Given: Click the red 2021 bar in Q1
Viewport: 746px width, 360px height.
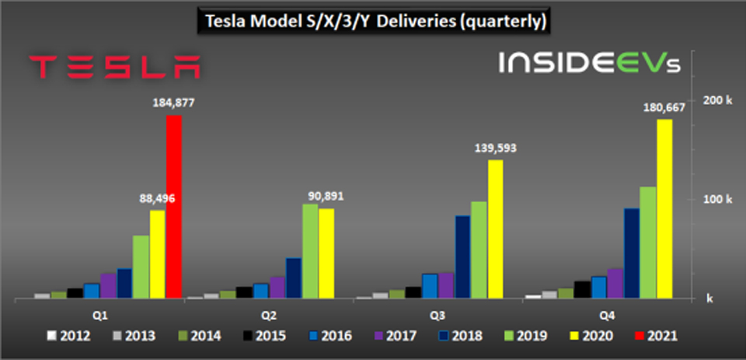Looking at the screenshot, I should tap(174, 207).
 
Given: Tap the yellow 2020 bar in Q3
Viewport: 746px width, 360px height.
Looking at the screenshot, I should tap(495, 229).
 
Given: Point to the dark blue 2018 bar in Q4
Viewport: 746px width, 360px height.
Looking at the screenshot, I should tap(632, 253).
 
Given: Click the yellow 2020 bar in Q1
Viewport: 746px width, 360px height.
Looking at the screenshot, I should tap(158, 253).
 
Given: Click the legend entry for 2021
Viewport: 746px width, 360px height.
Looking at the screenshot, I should tap(654, 337).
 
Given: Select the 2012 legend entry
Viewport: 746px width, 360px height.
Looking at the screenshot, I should tap(71, 337).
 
